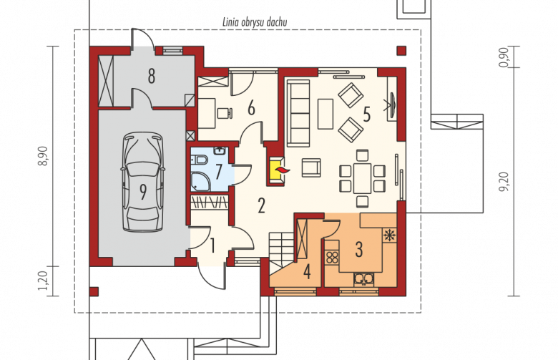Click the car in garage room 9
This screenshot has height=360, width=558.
click(143, 182)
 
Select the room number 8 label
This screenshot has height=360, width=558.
click(152, 76)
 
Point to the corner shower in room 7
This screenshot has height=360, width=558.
click(200, 181)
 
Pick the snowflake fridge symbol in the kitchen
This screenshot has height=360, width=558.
click(389, 235)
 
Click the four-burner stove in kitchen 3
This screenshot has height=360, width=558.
click(332, 257)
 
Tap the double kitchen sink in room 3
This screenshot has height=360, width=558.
click(363, 279)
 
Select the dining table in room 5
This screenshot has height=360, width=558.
click(362, 178)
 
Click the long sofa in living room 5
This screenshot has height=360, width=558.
click(298, 113)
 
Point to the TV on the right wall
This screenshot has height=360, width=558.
click(391, 104)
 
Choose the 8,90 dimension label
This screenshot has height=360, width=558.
click(44, 156)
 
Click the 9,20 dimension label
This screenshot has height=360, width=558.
click(503, 182)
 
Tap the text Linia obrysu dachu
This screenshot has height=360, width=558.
click(255, 22)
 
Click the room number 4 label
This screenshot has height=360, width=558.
click(307, 272)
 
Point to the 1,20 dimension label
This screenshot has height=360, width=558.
click(43, 281)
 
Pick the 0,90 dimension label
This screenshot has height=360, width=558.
click(503, 58)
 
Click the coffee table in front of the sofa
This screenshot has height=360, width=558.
click(325, 114)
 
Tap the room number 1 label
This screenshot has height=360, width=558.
click(212, 245)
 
